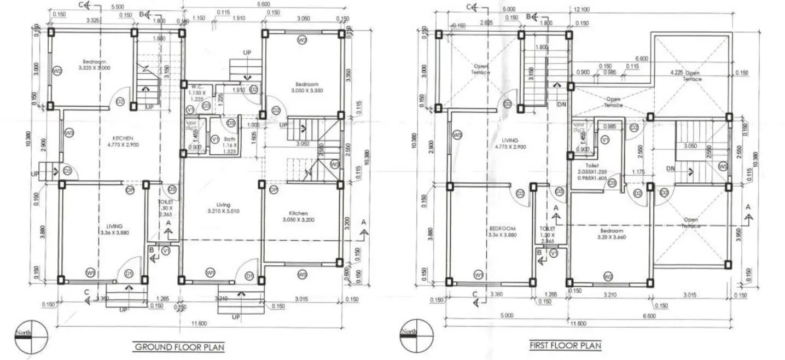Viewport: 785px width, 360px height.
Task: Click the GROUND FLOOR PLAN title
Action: tap(179, 347)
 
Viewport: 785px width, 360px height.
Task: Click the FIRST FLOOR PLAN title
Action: tap(565, 345)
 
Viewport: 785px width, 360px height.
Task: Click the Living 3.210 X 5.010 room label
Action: tap(224, 207)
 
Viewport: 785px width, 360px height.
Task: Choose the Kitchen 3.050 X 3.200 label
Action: tap(299, 216)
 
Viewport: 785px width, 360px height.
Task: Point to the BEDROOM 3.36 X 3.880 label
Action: tap(501, 232)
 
